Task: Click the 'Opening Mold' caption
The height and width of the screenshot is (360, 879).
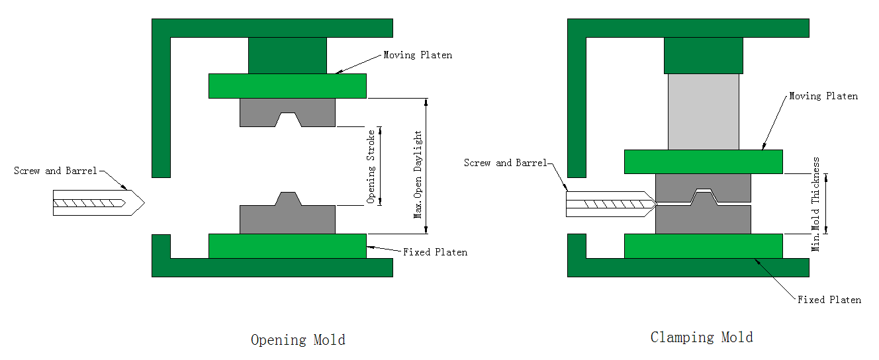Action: [x=298, y=340]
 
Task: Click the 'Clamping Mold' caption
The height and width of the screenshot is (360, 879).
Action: [x=702, y=337]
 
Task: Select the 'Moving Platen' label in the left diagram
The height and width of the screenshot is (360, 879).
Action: [x=418, y=55]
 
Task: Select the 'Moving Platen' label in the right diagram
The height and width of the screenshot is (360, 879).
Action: [x=823, y=97]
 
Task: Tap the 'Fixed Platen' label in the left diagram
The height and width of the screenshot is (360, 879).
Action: [x=435, y=252]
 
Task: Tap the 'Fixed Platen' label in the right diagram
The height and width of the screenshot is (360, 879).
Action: [x=829, y=300]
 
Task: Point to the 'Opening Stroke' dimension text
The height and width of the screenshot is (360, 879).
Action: [x=372, y=165]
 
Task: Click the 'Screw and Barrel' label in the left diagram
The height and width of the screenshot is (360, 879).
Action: [x=56, y=171]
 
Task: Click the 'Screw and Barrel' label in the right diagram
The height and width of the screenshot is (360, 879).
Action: [x=506, y=163]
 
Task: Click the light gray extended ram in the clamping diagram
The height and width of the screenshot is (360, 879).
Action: [x=703, y=111]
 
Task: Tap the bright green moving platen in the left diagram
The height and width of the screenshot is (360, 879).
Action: [x=287, y=85]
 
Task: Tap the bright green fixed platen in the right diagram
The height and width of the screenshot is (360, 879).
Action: [x=703, y=246]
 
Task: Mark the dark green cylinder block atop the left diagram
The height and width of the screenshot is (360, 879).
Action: [x=287, y=55]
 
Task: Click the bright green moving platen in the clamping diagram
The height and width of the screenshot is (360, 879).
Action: [x=703, y=161]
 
